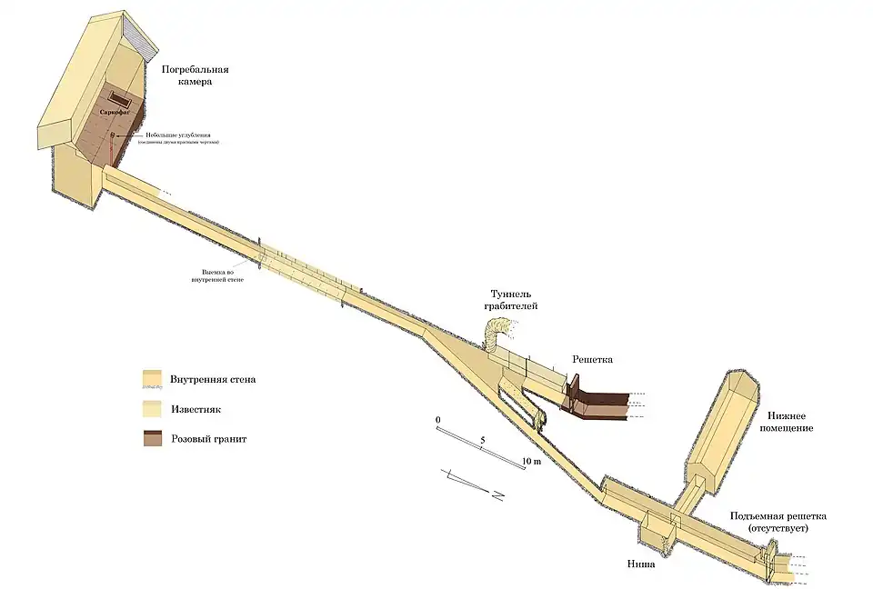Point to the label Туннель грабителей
coord(511,300)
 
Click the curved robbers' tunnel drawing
coord(498,332)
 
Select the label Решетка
coord(592,360)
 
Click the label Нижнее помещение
coord(783,421)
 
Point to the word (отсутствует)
coord(777,528)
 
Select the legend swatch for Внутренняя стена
coord(152,378)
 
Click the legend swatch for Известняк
coord(152,409)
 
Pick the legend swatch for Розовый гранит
coord(152,439)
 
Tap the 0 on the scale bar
coord(438,420)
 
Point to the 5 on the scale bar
coord(483,440)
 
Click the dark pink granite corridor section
coord(600,405)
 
